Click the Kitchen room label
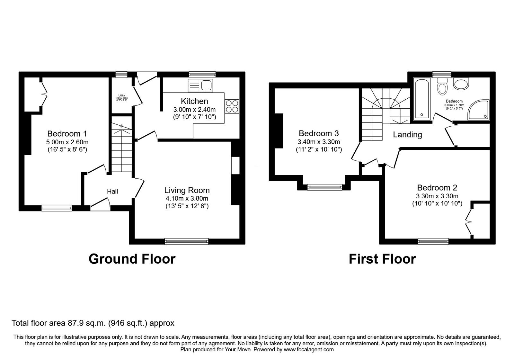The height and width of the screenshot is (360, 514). (194, 101)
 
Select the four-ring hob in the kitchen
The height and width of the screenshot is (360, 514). (232, 106)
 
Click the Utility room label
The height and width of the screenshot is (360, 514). (121, 95)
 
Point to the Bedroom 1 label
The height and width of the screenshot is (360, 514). (67, 134)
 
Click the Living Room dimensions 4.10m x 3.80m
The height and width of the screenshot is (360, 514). (187, 199)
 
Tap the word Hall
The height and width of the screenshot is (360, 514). (112, 192)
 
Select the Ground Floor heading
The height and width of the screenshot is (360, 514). (132, 259)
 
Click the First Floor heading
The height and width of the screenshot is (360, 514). (382, 259)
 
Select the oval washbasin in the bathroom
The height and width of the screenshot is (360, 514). (461, 84)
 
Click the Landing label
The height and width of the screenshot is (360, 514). (407, 135)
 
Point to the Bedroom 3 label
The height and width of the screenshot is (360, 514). (319, 133)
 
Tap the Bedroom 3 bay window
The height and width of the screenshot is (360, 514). (325, 187)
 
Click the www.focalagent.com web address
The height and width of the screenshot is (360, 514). (309, 349)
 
